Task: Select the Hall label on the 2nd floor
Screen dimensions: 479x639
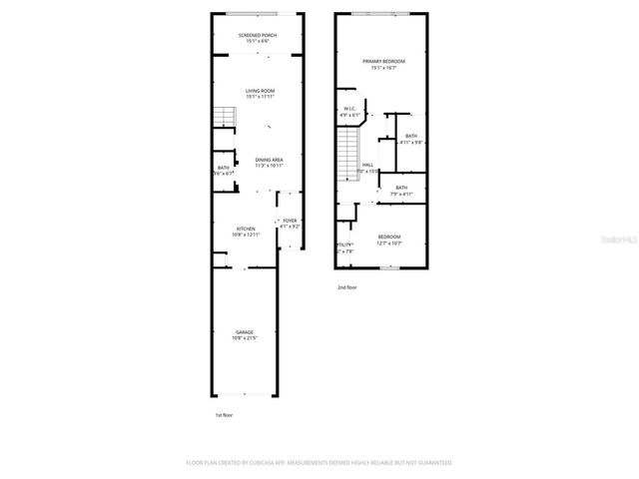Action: point(367,167)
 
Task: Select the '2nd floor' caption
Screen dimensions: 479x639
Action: point(345,287)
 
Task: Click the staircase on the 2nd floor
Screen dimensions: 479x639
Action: point(346,155)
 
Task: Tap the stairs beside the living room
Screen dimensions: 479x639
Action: point(222,117)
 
